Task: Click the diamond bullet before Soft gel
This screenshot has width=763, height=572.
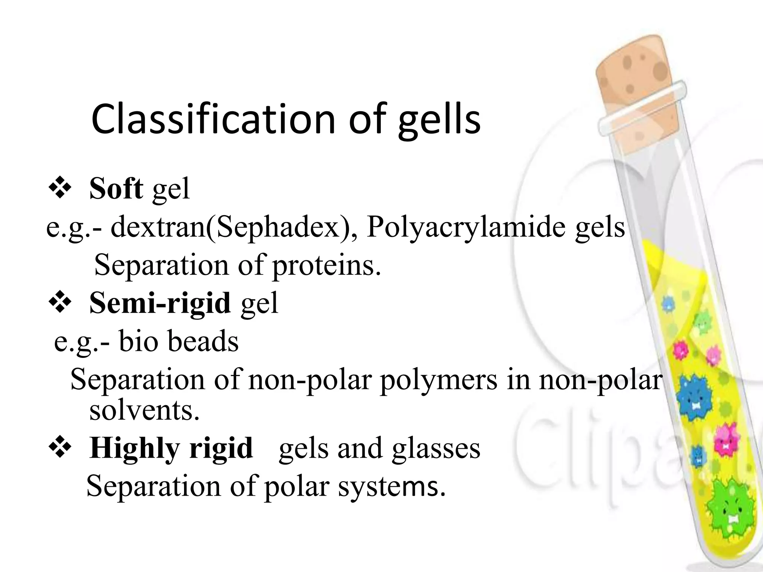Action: [60, 188]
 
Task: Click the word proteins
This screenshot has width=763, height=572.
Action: [327, 266]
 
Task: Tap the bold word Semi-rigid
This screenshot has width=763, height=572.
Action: [160, 302]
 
